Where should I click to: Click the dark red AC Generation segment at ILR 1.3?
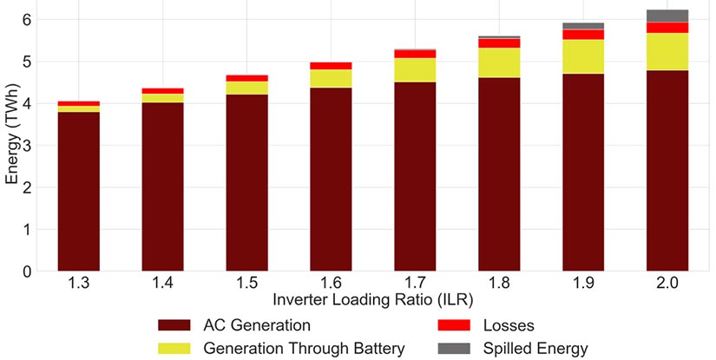click(x=78, y=191)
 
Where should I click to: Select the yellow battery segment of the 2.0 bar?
click(x=667, y=51)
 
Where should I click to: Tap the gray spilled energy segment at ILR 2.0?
click(x=667, y=16)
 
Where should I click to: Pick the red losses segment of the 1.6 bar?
click(x=331, y=66)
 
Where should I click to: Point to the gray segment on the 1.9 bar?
click(x=583, y=26)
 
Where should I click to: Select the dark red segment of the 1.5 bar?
click(x=246, y=182)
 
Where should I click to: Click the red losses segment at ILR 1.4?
click(x=162, y=90)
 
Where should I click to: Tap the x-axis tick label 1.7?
click(x=415, y=283)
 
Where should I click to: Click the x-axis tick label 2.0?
click(x=667, y=283)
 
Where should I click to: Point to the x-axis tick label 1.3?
click(x=78, y=283)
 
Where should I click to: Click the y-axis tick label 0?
click(x=27, y=272)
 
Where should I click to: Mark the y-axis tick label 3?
click(x=27, y=146)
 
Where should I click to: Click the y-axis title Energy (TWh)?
click(x=10, y=144)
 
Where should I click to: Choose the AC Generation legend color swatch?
click(x=179, y=325)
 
